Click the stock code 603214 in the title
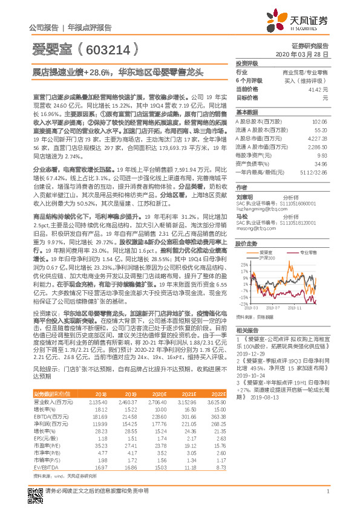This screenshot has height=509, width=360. coord(108,48)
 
